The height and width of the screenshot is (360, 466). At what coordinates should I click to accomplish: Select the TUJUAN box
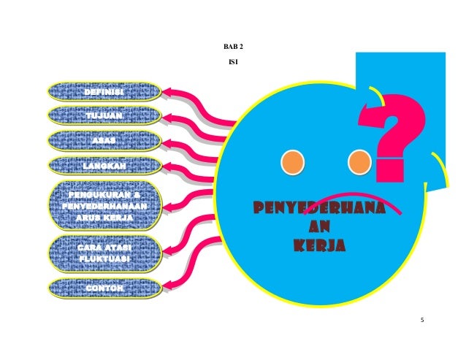click(104, 116)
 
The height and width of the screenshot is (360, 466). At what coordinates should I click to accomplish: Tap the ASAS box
click(104, 140)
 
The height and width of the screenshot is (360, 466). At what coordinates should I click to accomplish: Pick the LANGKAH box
click(104, 166)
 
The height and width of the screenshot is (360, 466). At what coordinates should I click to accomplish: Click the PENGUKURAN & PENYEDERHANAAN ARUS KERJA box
click(104, 207)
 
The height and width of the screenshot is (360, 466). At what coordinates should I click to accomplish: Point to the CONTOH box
click(104, 289)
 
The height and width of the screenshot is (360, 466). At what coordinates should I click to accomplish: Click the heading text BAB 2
click(233, 47)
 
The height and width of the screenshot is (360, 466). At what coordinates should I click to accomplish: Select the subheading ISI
click(233, 62)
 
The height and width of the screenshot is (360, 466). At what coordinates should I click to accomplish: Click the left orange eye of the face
click(293, 161)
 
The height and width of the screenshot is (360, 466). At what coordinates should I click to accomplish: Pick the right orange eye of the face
click(359, 161)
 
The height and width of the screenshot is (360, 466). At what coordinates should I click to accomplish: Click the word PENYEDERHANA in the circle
click(319, 210)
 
